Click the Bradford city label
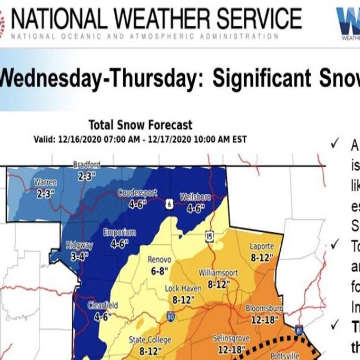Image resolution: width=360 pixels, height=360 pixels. tap(86, 164)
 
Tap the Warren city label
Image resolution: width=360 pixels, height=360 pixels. tap(45, 182)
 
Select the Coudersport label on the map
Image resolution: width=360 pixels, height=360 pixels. tap(137, 193)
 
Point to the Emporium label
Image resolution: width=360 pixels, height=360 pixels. tap(120, 232)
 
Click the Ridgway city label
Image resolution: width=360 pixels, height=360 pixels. tap(79, 245)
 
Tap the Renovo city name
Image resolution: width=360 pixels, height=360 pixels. tap(159, 260)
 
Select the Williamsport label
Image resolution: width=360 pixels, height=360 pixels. tap(218, 273)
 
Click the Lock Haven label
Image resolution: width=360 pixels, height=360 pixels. tap(181, 288)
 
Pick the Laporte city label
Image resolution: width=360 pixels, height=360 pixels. tap(261, 246)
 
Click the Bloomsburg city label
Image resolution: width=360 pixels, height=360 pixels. tap(264, 309)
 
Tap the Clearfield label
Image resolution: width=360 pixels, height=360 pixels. tap(103, 306)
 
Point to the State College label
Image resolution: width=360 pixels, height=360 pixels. tap(150, 340)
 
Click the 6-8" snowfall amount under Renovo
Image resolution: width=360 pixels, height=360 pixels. tap(159, 271)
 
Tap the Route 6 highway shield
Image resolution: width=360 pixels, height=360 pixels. tap(170, 204)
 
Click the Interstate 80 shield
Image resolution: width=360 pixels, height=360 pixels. tap(170, 317)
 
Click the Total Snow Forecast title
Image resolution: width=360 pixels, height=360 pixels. tap(140, 125)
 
